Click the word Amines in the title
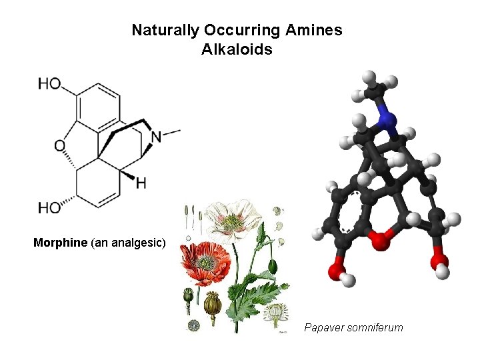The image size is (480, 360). [313, 30]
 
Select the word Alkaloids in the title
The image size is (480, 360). [237, 49]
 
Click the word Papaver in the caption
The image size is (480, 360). [323, 327]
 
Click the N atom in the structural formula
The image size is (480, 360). [156, 137]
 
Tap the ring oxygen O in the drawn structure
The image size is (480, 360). [60, 145]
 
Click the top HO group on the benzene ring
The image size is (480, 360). [49, 84]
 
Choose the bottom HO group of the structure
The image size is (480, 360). [49, 208]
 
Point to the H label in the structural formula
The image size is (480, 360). [141, 183]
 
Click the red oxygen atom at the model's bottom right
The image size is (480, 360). [439, 257]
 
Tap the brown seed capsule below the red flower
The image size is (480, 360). [212, 305]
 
